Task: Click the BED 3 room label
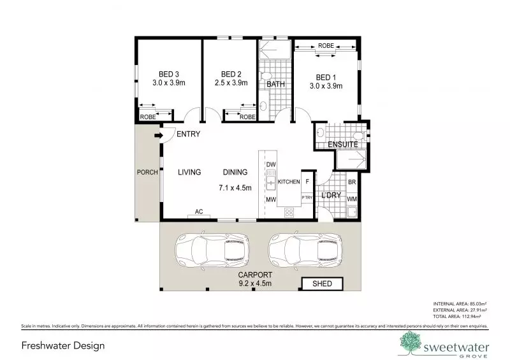tap(168, 74)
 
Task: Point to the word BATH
tap(275, 84)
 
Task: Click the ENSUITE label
tap(342, 145)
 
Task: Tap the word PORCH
tap(147, 172)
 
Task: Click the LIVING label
tap(189, 172)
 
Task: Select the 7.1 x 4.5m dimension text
tap(235, 188)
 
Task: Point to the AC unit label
tap(198, 212)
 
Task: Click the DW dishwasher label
tap(270, 165)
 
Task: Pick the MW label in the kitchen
tap(270, 200)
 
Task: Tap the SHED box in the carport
tap(322, 284)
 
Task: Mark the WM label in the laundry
tap(352, 200)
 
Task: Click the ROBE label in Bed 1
tap(326, 47)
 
